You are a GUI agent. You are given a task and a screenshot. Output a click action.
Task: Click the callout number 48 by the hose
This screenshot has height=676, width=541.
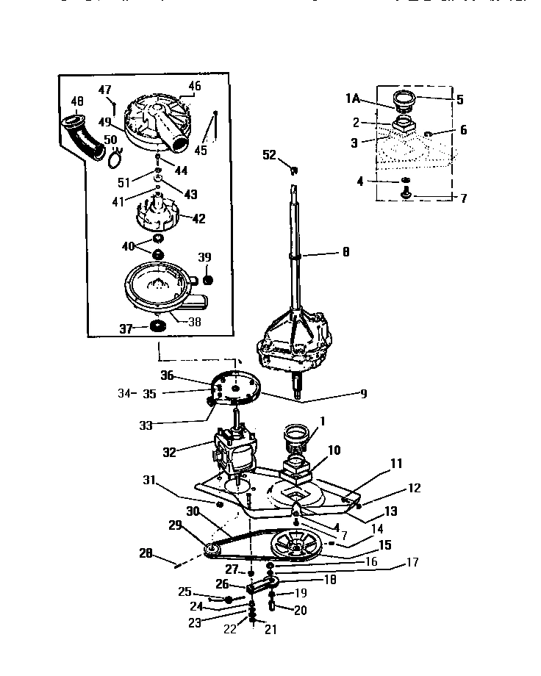(x=77, y=101)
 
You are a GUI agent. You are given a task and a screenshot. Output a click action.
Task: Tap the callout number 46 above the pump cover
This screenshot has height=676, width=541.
(x=194, y=86)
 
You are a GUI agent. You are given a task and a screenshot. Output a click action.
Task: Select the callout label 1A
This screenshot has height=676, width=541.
(x=354, y=98)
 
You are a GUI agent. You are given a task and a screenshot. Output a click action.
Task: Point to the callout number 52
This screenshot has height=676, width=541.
(x=269, y=154)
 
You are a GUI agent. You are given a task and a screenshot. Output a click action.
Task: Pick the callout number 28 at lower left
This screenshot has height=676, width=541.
(x=146, y=553)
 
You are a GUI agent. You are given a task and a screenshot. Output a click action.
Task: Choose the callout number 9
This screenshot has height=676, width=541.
(x=362, y=394)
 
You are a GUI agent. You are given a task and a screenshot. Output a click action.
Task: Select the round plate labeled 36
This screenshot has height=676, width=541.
(x=234, y=388)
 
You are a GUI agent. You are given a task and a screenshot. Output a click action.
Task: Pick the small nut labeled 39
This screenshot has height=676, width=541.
(x=207, y=280)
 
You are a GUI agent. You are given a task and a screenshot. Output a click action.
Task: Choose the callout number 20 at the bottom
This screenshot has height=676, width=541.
(x=301, y=610)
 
